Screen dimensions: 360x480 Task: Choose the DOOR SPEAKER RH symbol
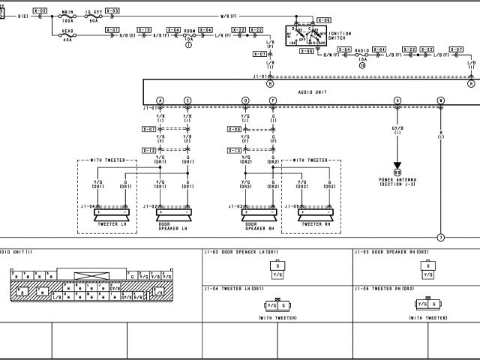[259, 212]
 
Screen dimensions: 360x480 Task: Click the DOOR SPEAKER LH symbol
[174, 212]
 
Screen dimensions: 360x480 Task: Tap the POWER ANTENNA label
[397, 181]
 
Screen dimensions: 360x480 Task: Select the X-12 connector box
[149, 151]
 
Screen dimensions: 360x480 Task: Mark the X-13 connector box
[233, 151]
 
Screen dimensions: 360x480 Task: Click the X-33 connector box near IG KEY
[112, 11]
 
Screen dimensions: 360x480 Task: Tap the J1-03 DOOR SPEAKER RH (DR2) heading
[391, 252]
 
